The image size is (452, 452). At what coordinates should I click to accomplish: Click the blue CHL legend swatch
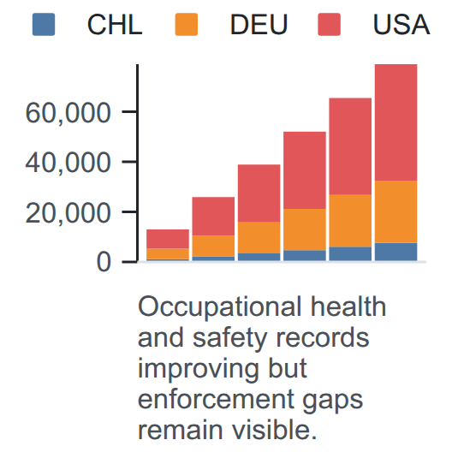click(44, 24)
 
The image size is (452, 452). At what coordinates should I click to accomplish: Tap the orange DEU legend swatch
click(187, 24)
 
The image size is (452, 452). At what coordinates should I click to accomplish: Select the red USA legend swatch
click(330, 24)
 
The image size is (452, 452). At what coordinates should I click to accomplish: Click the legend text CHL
click(115, 25)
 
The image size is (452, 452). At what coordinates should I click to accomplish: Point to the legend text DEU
click(259, 25)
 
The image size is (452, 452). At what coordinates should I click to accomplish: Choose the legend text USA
click(401, 25)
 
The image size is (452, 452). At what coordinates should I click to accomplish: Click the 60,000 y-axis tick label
click(68, 113)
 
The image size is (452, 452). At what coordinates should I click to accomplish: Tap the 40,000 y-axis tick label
click(68, 164)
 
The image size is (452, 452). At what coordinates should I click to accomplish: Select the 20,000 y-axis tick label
click(68, 214)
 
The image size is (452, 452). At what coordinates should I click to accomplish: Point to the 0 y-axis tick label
click(104, 263)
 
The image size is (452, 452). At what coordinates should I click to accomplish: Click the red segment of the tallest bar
click(395, 122)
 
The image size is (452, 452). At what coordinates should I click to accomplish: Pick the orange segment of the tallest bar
click(395, 212)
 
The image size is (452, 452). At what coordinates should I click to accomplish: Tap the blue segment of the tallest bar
click(395, 252)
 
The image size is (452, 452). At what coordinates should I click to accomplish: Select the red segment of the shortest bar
click(168, 239)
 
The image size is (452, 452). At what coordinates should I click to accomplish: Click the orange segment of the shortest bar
click(168, 254)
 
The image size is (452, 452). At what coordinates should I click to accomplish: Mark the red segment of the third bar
click(259, 193)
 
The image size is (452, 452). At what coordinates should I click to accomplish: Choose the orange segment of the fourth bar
click(305, 229)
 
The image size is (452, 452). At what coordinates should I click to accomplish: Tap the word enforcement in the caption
click(217, 400)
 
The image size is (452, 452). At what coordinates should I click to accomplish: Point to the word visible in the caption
click(275, 430)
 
